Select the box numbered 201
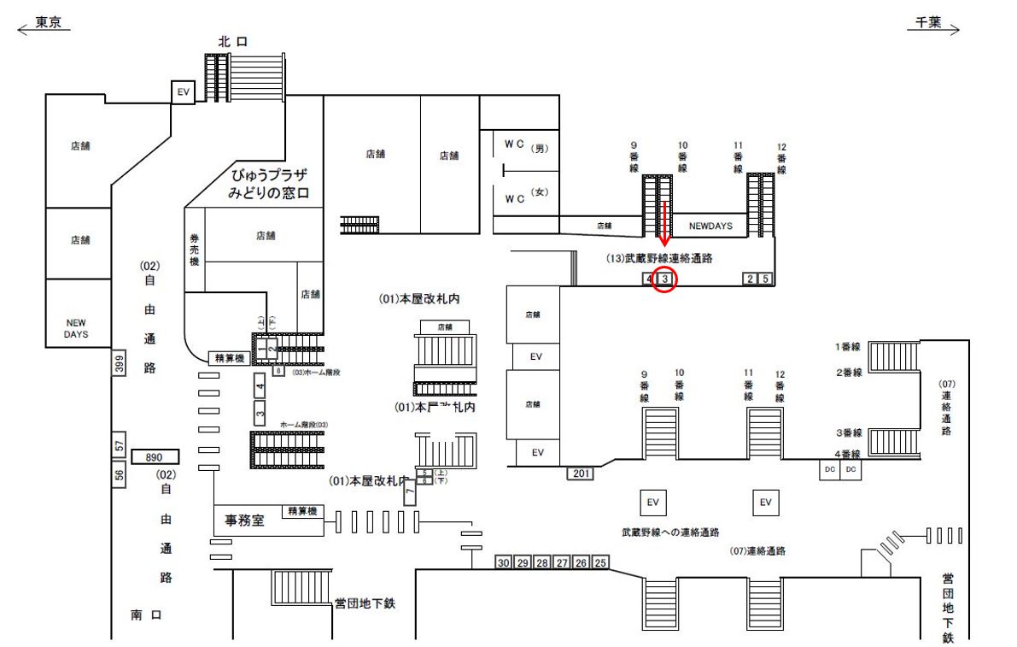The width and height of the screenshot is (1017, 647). [582, 473]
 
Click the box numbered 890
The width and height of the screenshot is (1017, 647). [154, 457]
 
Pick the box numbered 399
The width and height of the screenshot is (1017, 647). [119, 363]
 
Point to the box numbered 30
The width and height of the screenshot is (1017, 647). [504, 562]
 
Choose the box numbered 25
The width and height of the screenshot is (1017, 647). [600, 562]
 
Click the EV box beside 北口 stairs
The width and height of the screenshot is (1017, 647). [183, 91]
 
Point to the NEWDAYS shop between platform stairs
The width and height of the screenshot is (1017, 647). [710, 226]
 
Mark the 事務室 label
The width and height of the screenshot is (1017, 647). [244, 520]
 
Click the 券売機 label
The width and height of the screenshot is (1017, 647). [194, 249]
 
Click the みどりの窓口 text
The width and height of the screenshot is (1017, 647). [267, 194]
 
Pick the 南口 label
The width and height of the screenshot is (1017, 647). [146, 614]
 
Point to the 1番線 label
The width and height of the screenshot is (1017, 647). [847, 347]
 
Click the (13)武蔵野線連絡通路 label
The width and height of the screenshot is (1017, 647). [659, 257]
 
